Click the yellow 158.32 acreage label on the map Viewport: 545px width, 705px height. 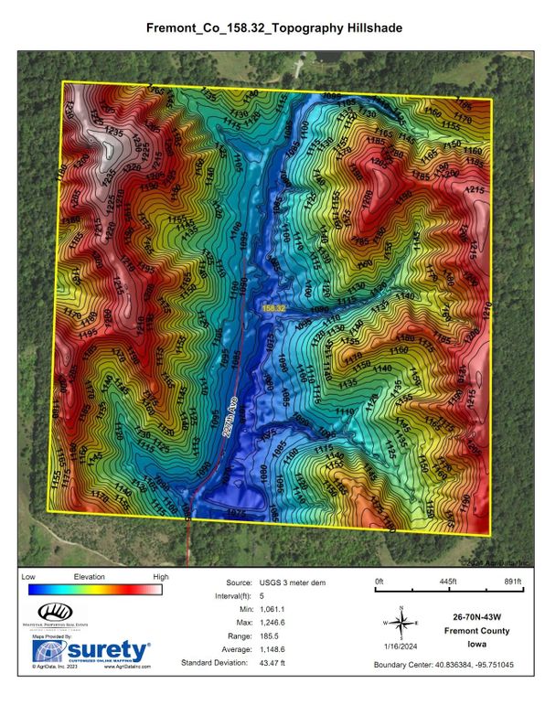pos(274,309)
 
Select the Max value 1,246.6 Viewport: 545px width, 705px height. pos(289,622)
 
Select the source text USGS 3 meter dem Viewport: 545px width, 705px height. pos(294,582)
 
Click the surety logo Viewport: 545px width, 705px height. pos(91,650)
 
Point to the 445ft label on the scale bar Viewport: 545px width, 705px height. pos(446,582)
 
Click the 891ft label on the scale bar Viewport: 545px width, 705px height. pos(511,582)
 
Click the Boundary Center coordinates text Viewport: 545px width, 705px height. pos(448,665)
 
